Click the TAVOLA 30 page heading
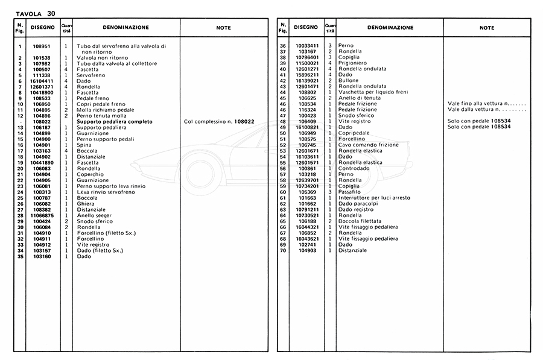point(36,13)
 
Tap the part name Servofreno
point(91,75)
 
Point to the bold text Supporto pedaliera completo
point(115,121)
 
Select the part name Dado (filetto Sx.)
point(101,250)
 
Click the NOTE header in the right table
point(487,28)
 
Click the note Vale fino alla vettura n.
point(486,104)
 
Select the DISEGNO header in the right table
point(306,28)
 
